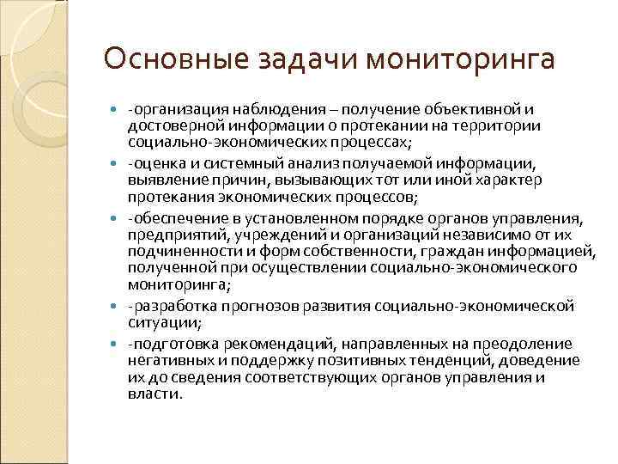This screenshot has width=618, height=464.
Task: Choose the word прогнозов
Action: point(252,307)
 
